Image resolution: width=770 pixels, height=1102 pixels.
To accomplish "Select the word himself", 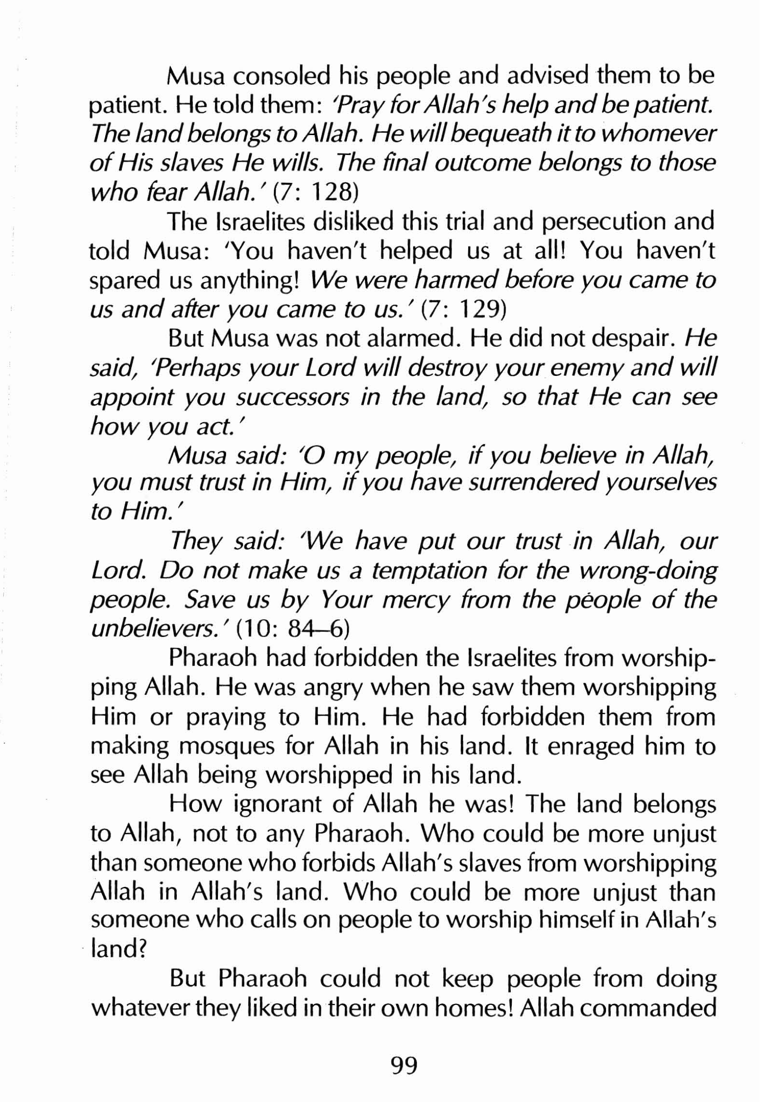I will point(576,922).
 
